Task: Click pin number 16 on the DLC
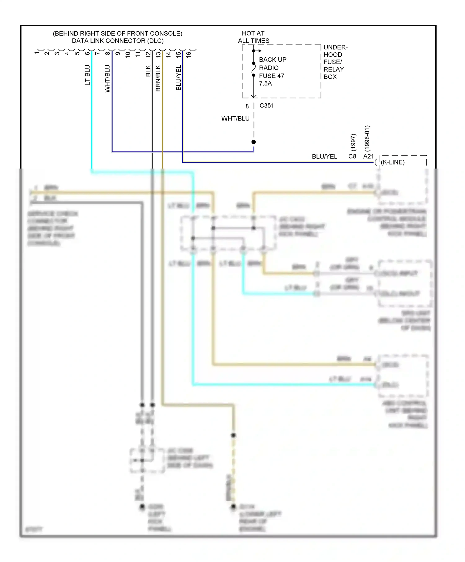pos(188,55)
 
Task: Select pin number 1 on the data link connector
pos(37,53)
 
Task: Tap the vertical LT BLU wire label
pos(87,75)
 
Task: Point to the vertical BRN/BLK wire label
pos(158,78)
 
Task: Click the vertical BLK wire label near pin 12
pos(148,71)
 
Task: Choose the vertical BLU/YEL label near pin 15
pos(179,78)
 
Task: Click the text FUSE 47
pos(272,76)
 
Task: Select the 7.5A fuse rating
pos(265,83)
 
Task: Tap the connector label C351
pos(267,106)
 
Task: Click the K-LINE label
pos(392,162)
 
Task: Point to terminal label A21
pos(368,156)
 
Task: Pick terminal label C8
pos(352,156)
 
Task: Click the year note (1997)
pos(353,142)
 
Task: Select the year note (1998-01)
pos(367,138)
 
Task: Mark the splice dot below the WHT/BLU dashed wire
pos(254,142)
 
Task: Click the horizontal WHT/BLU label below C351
pos(235,119)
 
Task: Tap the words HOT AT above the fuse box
pos(253,33)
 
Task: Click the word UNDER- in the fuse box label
pos(335,47)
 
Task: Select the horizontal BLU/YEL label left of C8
pos(324,156)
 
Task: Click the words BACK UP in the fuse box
pos(272,59)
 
